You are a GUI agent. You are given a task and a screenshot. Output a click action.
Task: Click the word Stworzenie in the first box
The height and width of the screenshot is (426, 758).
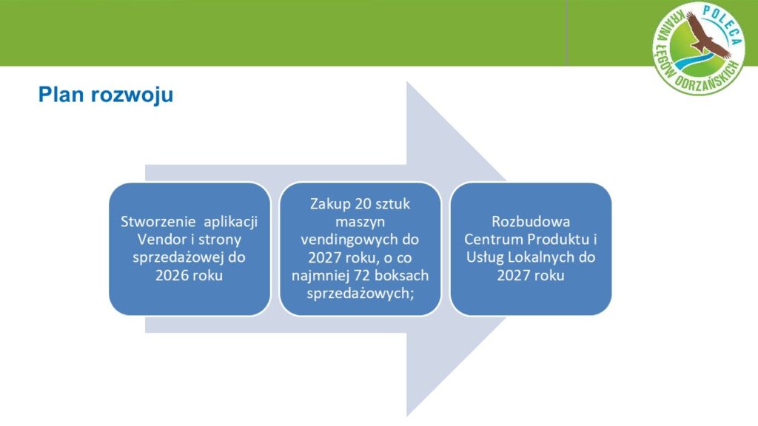click(158, 222)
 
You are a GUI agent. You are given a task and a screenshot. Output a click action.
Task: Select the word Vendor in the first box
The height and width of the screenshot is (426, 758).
click(161, 240)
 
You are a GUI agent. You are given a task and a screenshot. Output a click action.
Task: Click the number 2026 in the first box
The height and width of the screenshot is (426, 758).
click(172, 275)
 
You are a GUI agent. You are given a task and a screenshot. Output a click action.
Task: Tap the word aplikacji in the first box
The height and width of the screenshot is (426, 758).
click(231, 222)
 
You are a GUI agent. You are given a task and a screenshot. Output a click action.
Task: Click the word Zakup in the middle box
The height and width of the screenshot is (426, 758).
click(331, 204)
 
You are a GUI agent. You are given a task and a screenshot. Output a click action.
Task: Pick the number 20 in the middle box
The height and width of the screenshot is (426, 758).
click(363, 204)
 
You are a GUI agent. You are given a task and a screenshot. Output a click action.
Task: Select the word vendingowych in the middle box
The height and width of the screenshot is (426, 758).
click(360, 240)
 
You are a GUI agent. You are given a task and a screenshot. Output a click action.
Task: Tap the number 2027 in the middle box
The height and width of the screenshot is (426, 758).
click(324, 257)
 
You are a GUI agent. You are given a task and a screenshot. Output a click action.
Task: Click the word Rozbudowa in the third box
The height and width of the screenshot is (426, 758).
click(531, 222)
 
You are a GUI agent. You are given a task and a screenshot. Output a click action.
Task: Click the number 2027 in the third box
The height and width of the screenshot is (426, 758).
click(514, 275)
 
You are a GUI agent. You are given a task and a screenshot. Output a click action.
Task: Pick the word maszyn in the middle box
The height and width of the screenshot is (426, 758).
click(360, 222)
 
